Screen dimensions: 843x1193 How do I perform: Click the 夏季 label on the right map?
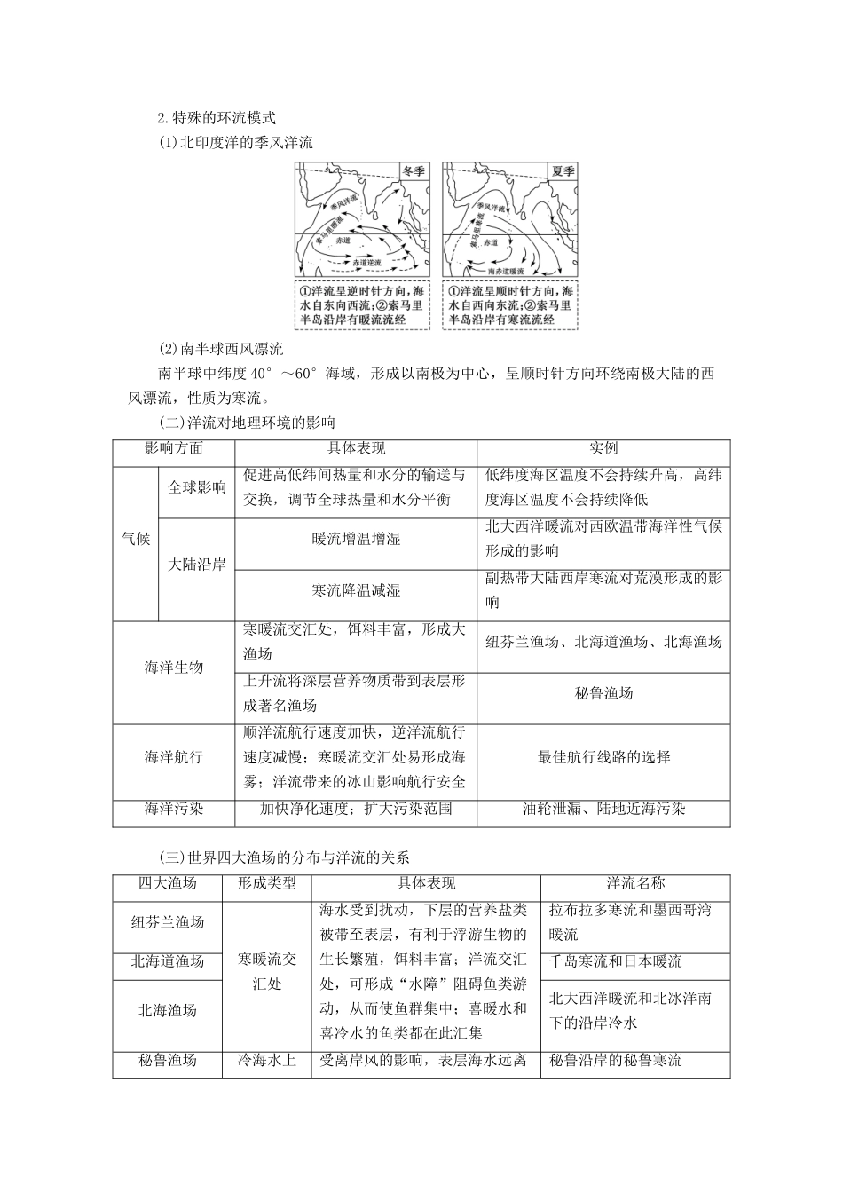561,171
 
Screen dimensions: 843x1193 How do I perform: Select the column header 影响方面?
174,449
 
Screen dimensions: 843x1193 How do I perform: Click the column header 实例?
603,449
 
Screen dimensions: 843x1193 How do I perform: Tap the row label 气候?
136,538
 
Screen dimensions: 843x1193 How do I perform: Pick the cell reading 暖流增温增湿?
356,539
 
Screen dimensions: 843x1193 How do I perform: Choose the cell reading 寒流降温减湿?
356,590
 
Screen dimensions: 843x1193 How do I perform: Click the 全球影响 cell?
197,487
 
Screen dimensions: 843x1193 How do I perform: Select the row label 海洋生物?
174,668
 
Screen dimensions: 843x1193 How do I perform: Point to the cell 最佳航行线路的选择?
603,757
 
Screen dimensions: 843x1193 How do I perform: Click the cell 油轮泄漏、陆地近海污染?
603,809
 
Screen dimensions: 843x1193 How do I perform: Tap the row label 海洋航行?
174,757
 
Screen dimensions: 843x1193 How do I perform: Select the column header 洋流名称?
635,883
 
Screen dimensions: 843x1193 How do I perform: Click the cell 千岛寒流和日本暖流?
616,961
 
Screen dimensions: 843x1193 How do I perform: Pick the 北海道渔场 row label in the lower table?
168,961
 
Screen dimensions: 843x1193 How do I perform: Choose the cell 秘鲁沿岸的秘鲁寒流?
616,1061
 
